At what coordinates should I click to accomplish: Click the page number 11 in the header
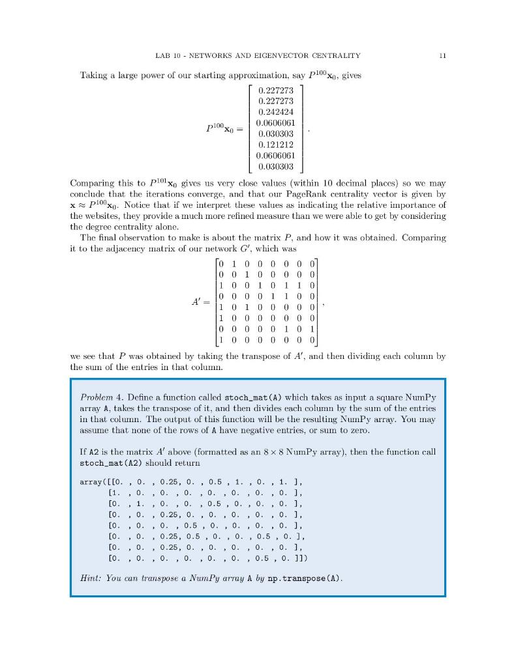(x=442, y=55)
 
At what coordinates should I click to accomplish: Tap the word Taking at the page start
(x=94, y=75)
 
